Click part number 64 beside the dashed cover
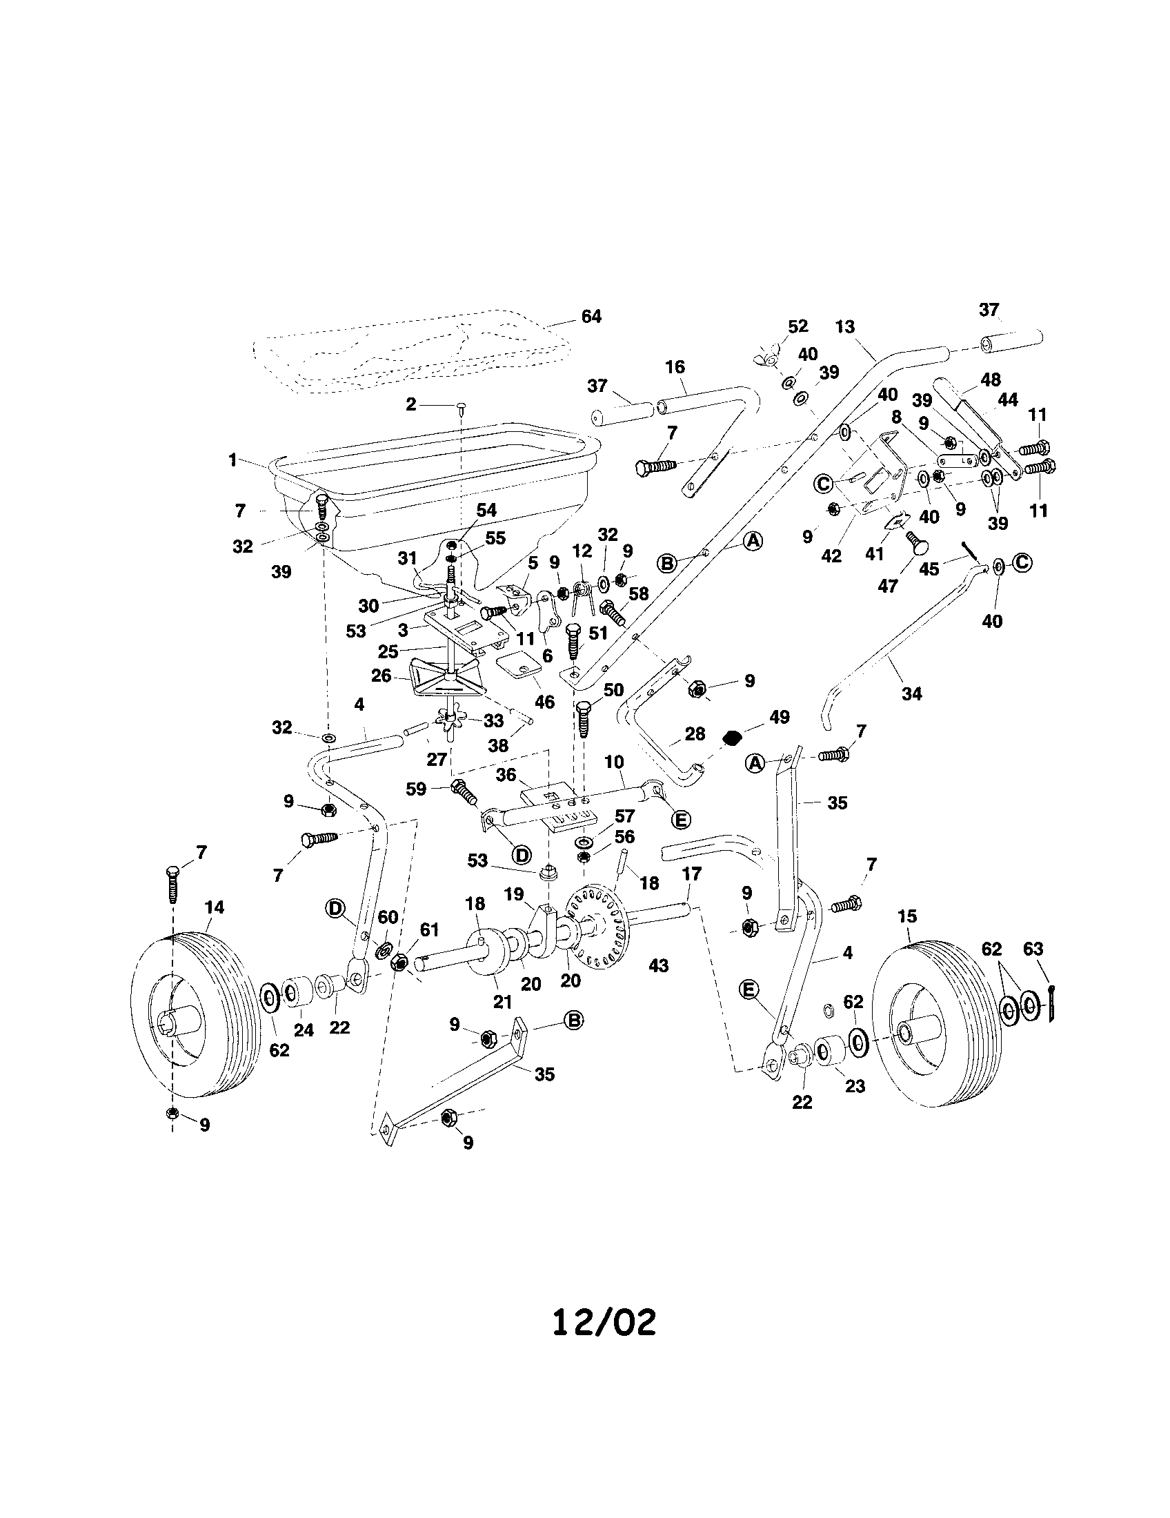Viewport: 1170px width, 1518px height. (x=591, y=317)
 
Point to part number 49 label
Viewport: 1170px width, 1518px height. (x=780, y=718)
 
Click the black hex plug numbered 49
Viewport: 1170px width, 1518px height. (x=731, y=738)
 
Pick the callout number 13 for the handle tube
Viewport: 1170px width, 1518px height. (x=845, y=326)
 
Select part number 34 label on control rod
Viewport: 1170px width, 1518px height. (x=911, y=693)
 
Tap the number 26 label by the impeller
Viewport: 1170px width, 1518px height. (x=381, y=676)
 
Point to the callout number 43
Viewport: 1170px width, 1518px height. (x=658, y=965)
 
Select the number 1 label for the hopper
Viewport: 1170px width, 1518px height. (x=232, y=460)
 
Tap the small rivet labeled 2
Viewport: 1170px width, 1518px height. (x=462, y=404)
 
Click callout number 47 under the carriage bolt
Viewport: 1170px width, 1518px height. (x=887, y=586)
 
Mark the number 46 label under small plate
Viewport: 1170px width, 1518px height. (x=544, y=702)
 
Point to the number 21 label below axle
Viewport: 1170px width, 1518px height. (x=502, y=1002)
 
